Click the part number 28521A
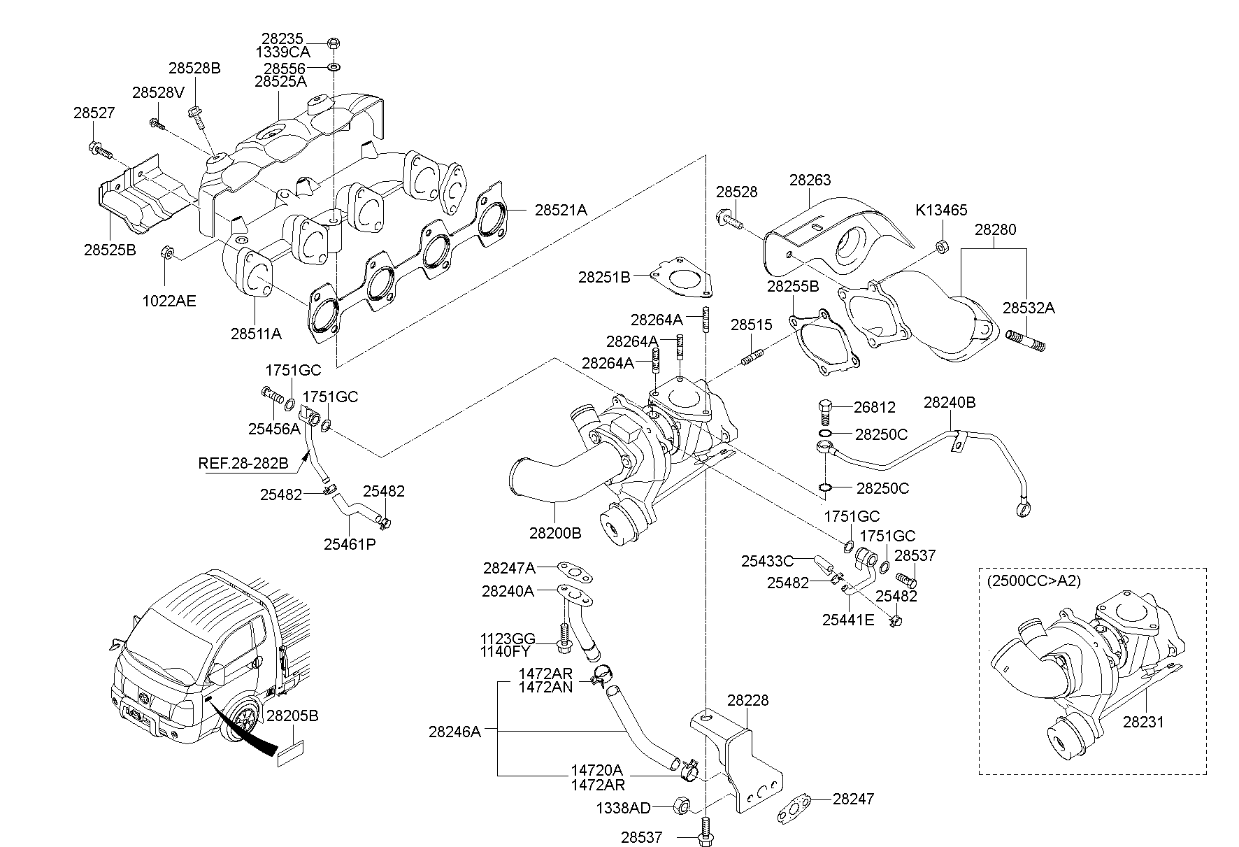[561, 209]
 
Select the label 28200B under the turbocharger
[555, 533]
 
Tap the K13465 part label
[941, 210]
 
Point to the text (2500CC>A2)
[1033, 581]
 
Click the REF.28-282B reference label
[243, 463]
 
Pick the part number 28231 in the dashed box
[1144, 722]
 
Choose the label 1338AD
[623, 809]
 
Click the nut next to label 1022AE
[167, 253]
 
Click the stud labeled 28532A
[1024, 341]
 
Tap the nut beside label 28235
[334, 43]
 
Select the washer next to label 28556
[334, 67]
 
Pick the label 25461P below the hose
[350, 543]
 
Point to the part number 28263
[810, 180]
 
